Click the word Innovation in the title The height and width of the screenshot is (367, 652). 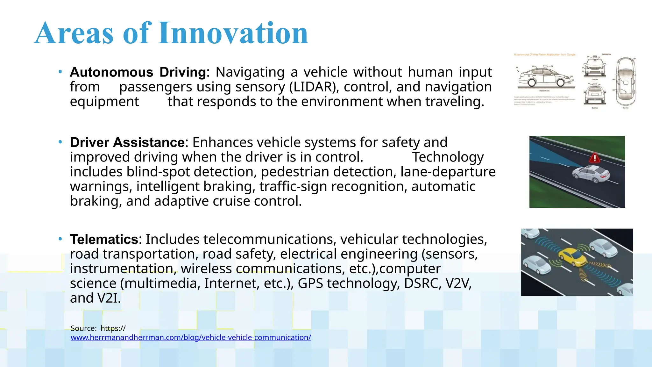(x=233, y=33)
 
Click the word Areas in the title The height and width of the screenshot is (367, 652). (x=74, y=33)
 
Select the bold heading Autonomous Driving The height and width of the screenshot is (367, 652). (x=138, y=72)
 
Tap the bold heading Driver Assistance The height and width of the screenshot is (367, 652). (x=127, y=142)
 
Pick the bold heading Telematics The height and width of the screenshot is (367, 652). (x=104, y=239)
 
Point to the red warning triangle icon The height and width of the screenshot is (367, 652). (x=594, y=158)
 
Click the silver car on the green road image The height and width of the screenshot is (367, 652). (x=591, y=174)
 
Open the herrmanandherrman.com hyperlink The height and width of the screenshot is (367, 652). (x=191, y=337)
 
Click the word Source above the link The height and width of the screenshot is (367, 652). (x=83, y=328)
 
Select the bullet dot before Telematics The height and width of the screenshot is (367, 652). (x=60, y=239)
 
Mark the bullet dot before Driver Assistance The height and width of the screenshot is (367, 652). (x=60, y=142)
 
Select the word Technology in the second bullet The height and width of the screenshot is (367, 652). (x=448, y=157)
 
